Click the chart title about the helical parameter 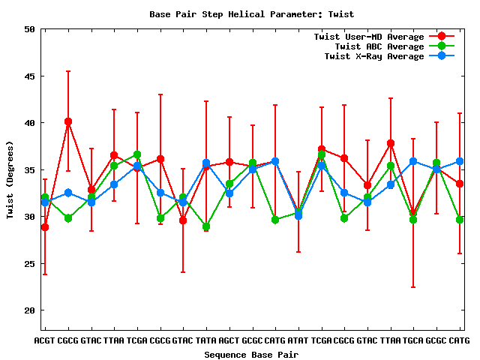[x=252, y=14]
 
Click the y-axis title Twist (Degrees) [x=10, y=179]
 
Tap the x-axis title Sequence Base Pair [x=252, y=354]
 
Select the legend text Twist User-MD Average [x=368, y=37]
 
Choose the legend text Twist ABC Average [x=379, y=46]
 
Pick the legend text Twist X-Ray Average [x=374, y=56]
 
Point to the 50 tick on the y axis [x=29, y=29]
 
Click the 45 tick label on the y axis [x=29, y=76]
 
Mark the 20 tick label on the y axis [x=29, y=310]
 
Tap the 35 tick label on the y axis [x=29, y=169]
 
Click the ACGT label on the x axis [x=45, y=341]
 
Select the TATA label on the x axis [x=206, y=341]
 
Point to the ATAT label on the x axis [x=298, y=341]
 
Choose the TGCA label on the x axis [x=413, y=341]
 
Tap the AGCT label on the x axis [x=229, y=341]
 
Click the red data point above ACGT [x=45, y=227]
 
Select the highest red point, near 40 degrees [x=68, y=121]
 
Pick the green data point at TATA [x=206, y=226]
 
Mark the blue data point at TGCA [x=413, y=161]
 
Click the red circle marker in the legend [x=442, y=37]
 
